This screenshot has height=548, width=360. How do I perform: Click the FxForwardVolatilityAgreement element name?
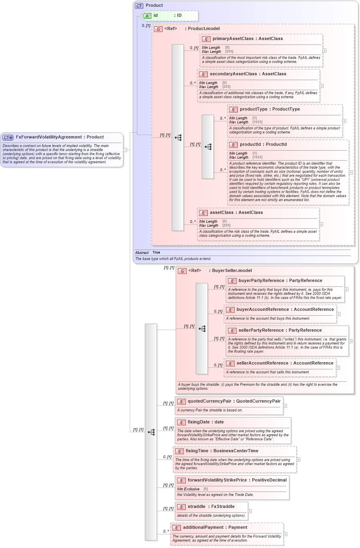(48, 137)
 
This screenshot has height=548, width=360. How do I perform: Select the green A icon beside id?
(147, 16)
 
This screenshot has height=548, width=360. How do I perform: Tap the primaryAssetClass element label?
(233, 39)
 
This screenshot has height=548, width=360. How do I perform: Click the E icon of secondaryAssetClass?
(203, 74)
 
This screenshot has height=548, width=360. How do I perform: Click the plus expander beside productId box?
(351, 173)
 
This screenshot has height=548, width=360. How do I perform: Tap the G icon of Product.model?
(158, 29)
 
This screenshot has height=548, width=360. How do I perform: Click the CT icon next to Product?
(139, 6)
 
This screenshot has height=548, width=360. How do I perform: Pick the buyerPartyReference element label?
(263, 281)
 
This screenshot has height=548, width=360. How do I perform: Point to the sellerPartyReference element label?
(263, 330)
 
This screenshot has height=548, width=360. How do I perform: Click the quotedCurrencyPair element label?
(209, 401)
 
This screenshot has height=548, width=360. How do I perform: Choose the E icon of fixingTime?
(179, 451)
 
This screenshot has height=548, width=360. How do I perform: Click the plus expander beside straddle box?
(250, 511)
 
